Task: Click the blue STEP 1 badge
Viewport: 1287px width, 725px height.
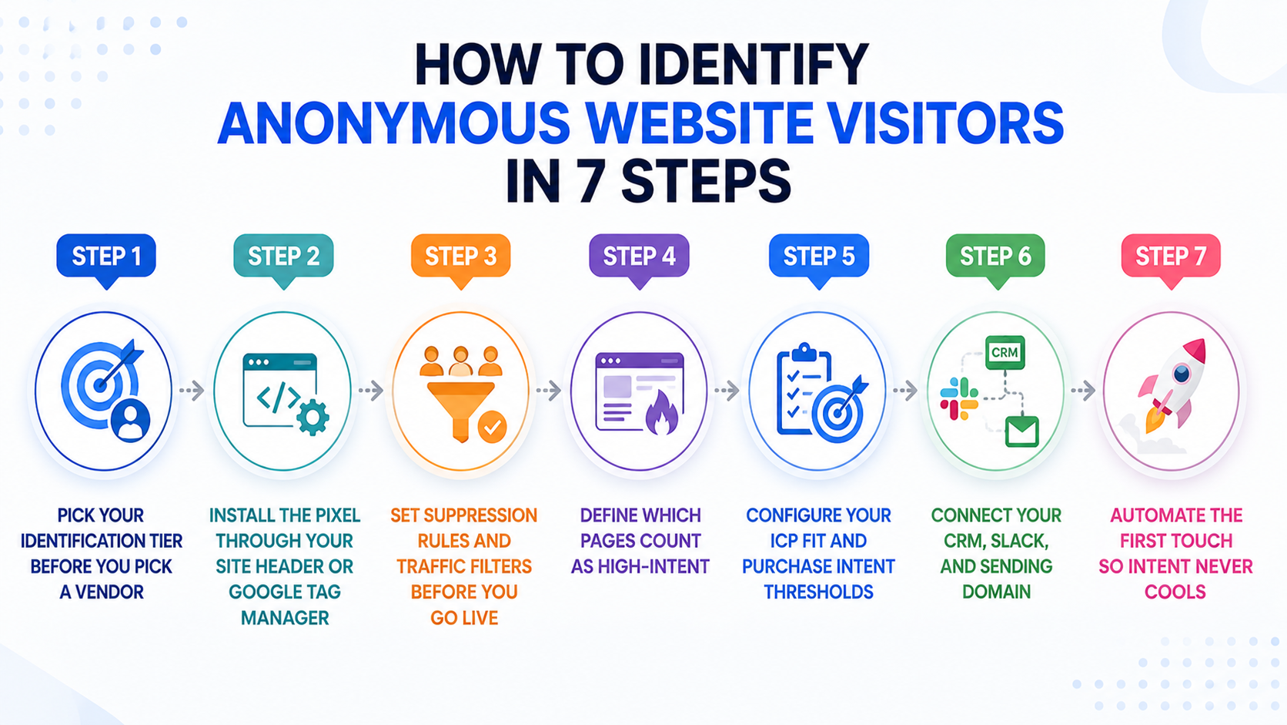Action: pyautogui.click(x=106, y=257)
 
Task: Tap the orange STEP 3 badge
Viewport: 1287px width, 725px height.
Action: pyautogui.click(x=461, y=257)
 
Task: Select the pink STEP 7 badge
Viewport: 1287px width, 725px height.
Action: pyautogui.click(x=1171, y=257)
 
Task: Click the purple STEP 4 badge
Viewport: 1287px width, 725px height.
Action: pyautogui.click(x=639, y=257)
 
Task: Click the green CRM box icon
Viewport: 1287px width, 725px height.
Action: pyautogui.click(x=1005, y=352)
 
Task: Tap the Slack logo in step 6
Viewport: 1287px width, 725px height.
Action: pyautogui.click(x=959, y=399)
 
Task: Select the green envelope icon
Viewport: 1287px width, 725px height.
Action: pyautogui.click(x=1022, y=431)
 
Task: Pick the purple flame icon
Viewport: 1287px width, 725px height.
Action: pyautogui.click(x=662, y=413)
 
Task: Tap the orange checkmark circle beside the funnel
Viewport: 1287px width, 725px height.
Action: pyautogui.click(x=493, y=427)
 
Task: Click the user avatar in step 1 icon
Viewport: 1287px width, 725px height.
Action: pyautogui.click(x=130, y=420)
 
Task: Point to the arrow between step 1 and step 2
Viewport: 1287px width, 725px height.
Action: pyautogui.click(x=192, y=391)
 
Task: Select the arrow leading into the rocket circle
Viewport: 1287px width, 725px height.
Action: pyautogui.click(x=1084, y=391)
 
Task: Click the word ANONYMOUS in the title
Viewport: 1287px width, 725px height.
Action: pyautogui.click(x=393, y=123)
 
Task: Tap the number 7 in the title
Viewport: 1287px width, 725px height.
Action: pyautogui.click(x=590, y=182)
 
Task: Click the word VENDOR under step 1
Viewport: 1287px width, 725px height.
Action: pyautogui.click(x=109, y=592)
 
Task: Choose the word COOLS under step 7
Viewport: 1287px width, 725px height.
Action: pyautogui.click(x=1175, y=592)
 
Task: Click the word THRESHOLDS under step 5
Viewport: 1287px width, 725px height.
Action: pyautogui.click(x=819, y=592)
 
